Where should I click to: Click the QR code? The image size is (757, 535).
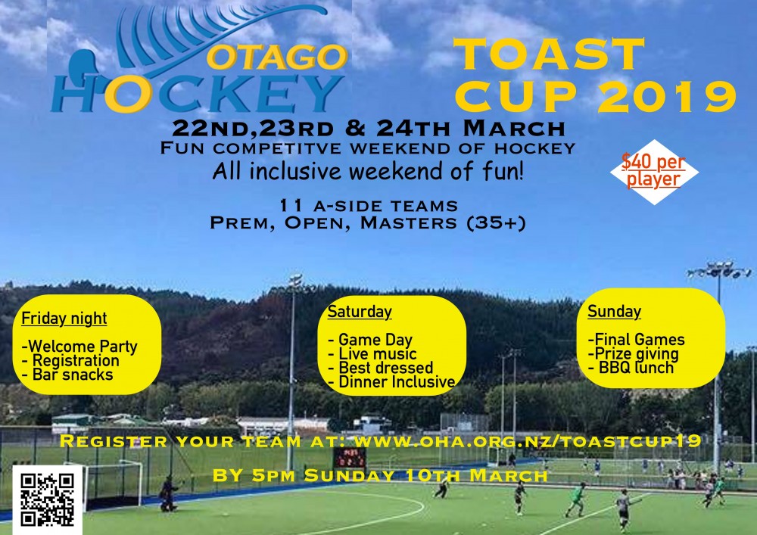(47, 499)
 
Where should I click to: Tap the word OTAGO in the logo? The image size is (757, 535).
(277, 57)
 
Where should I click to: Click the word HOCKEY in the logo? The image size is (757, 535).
(197, 94)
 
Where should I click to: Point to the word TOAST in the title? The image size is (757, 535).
(548, 54)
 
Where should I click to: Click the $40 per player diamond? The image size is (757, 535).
(654, 172)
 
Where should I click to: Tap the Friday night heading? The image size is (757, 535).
(64, 319)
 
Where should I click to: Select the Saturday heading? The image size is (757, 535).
(360, 312)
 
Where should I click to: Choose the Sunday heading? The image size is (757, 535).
(614, 312)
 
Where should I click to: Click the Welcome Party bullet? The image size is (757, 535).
(79, 347)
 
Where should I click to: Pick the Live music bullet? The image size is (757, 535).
(372, 353)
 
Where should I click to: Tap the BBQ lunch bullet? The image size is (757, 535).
(631, 368)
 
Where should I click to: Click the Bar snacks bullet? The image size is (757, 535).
(67, 375)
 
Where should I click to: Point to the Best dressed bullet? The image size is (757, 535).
(381, 368)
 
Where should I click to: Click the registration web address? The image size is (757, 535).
(528, 441)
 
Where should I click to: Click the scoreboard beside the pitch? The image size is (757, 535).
(350, 457)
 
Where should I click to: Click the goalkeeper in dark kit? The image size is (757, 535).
(168, 493)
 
